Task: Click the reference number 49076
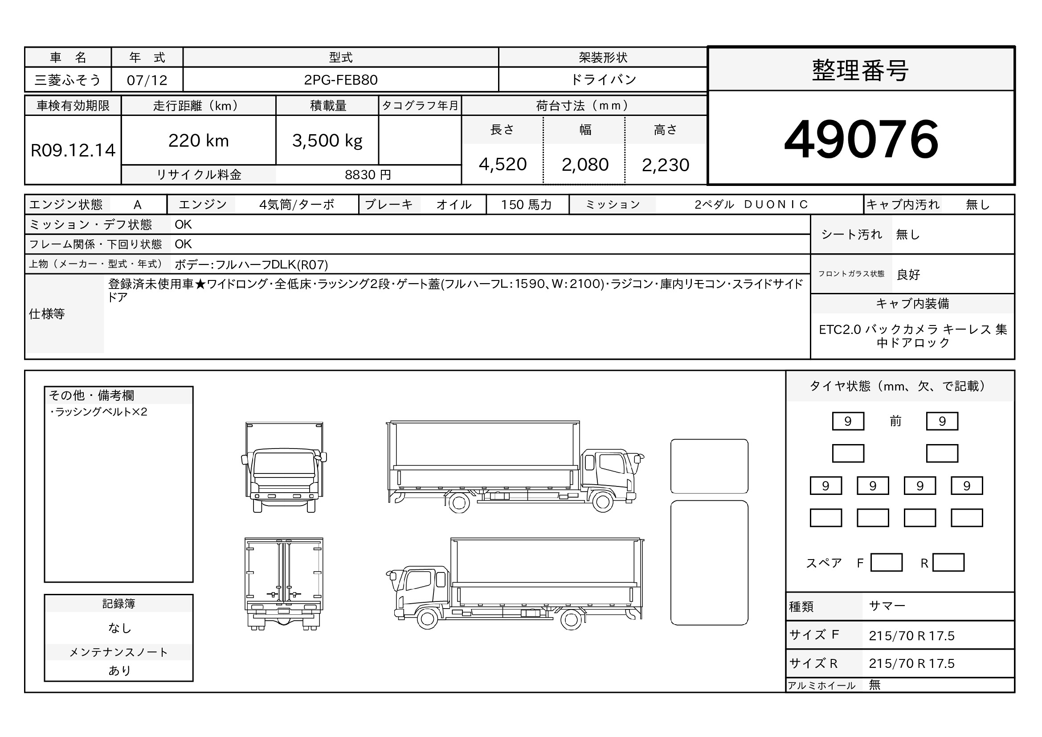click(861, 139)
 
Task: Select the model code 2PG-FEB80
click(340, 80)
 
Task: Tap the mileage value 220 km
click(198, 141)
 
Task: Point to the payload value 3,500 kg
click(327, 141)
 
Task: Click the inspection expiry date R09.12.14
click(73, 150)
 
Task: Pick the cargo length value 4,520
click(503, 165)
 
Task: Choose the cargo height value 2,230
click(665, 165)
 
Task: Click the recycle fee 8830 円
click(368, 175)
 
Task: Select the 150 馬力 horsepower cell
click(527, 205)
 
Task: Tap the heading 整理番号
click(861, 71)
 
